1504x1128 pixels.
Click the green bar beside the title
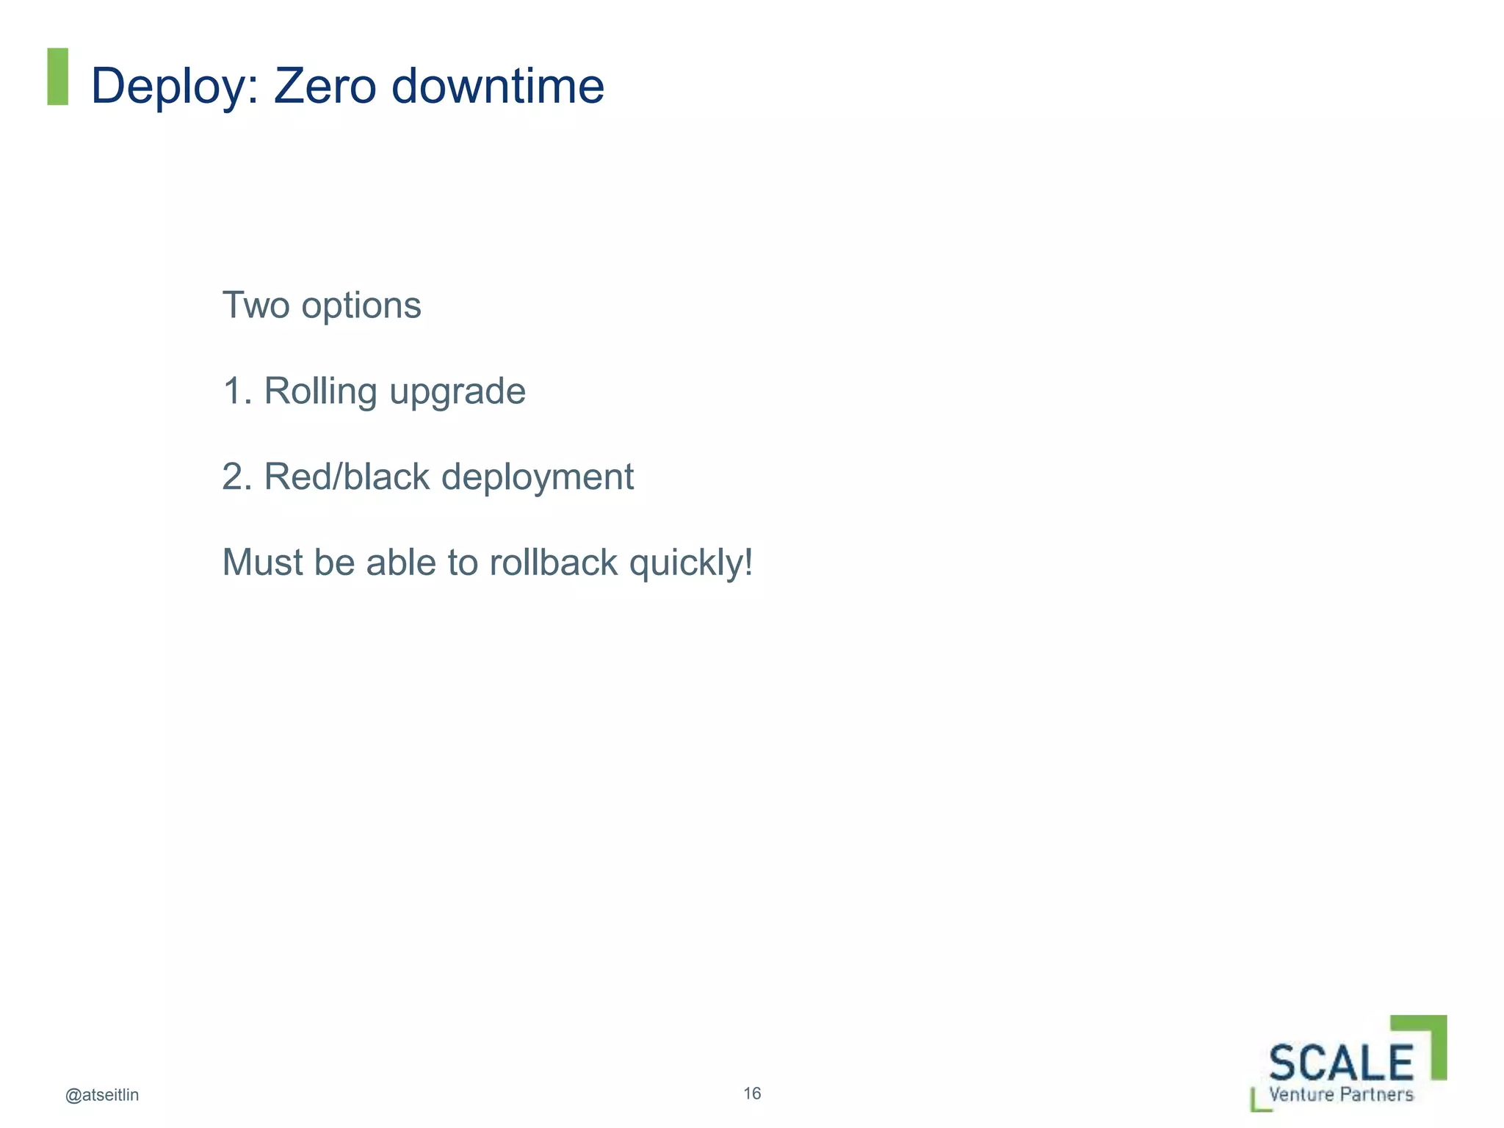[x=58, y=76]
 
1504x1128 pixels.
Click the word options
[x=361, y=306]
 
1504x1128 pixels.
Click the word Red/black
[x=347, y=477]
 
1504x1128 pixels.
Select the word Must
[x=262, y=563]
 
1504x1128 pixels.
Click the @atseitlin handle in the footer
[x=102, y=1095]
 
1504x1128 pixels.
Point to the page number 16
[x=752, y=1093]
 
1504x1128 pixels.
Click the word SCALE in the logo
[x=1341, y=1063]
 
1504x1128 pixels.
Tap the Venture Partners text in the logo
[x=1341, y=1094]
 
